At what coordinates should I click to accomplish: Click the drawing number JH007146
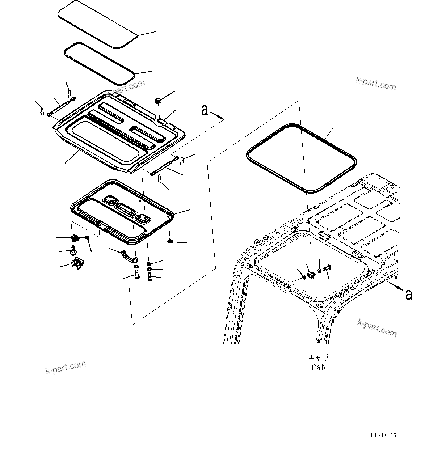383,435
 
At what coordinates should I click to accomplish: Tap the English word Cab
318,367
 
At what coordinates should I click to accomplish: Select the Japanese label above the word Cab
318,358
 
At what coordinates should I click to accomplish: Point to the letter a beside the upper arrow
205,110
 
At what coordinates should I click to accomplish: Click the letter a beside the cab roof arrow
409,295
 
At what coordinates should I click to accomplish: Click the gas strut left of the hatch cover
62,106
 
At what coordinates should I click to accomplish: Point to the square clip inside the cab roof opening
310,275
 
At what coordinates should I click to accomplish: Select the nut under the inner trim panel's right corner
170,241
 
